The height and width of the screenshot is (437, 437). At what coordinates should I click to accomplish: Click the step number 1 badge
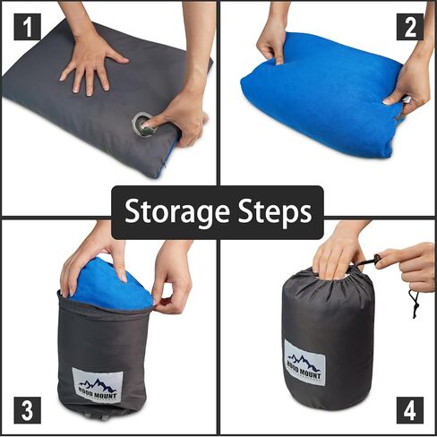pos(27,28)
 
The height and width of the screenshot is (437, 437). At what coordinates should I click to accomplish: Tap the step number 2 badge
pos(410,27)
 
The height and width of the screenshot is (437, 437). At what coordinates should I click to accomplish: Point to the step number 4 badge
pos(410,410)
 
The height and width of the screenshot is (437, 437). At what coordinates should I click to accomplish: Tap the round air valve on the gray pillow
pos(143,123)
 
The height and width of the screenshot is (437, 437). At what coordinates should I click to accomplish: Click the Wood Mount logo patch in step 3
pos(96,386)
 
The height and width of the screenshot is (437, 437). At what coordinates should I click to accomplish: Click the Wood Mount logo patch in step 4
pos(304,361)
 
